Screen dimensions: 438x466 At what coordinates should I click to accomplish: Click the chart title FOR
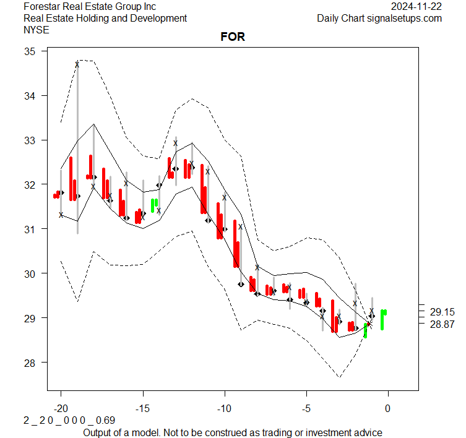[x=233, y=37]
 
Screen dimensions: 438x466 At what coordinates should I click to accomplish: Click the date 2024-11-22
[x=416, y=6]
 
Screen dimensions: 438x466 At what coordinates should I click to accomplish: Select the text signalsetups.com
[x=404, y=18]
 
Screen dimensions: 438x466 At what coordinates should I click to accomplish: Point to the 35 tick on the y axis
[x=30, y=51]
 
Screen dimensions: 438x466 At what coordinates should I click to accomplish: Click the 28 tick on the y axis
[x=30, y=362]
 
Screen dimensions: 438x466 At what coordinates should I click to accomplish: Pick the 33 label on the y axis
[x=30, y=140]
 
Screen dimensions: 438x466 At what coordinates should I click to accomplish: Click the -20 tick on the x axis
[x=61, y=409]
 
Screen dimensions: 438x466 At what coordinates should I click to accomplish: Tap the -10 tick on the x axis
[x=224, y=409]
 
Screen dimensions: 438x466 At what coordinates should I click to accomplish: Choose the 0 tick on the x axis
[x=388, y=409]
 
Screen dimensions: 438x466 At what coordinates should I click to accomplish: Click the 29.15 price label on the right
[x=442, y=312]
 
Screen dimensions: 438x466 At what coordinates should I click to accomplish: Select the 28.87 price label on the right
[x=442, y=324]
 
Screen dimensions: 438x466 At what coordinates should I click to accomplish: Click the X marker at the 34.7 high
[x=77, y=64]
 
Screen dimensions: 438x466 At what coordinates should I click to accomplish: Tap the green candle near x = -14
[x=154, y=205]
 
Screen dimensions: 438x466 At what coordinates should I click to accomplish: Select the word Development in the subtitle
[x=159, y=18]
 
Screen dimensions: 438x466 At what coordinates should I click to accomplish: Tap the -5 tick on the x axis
[x=306, y=409]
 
